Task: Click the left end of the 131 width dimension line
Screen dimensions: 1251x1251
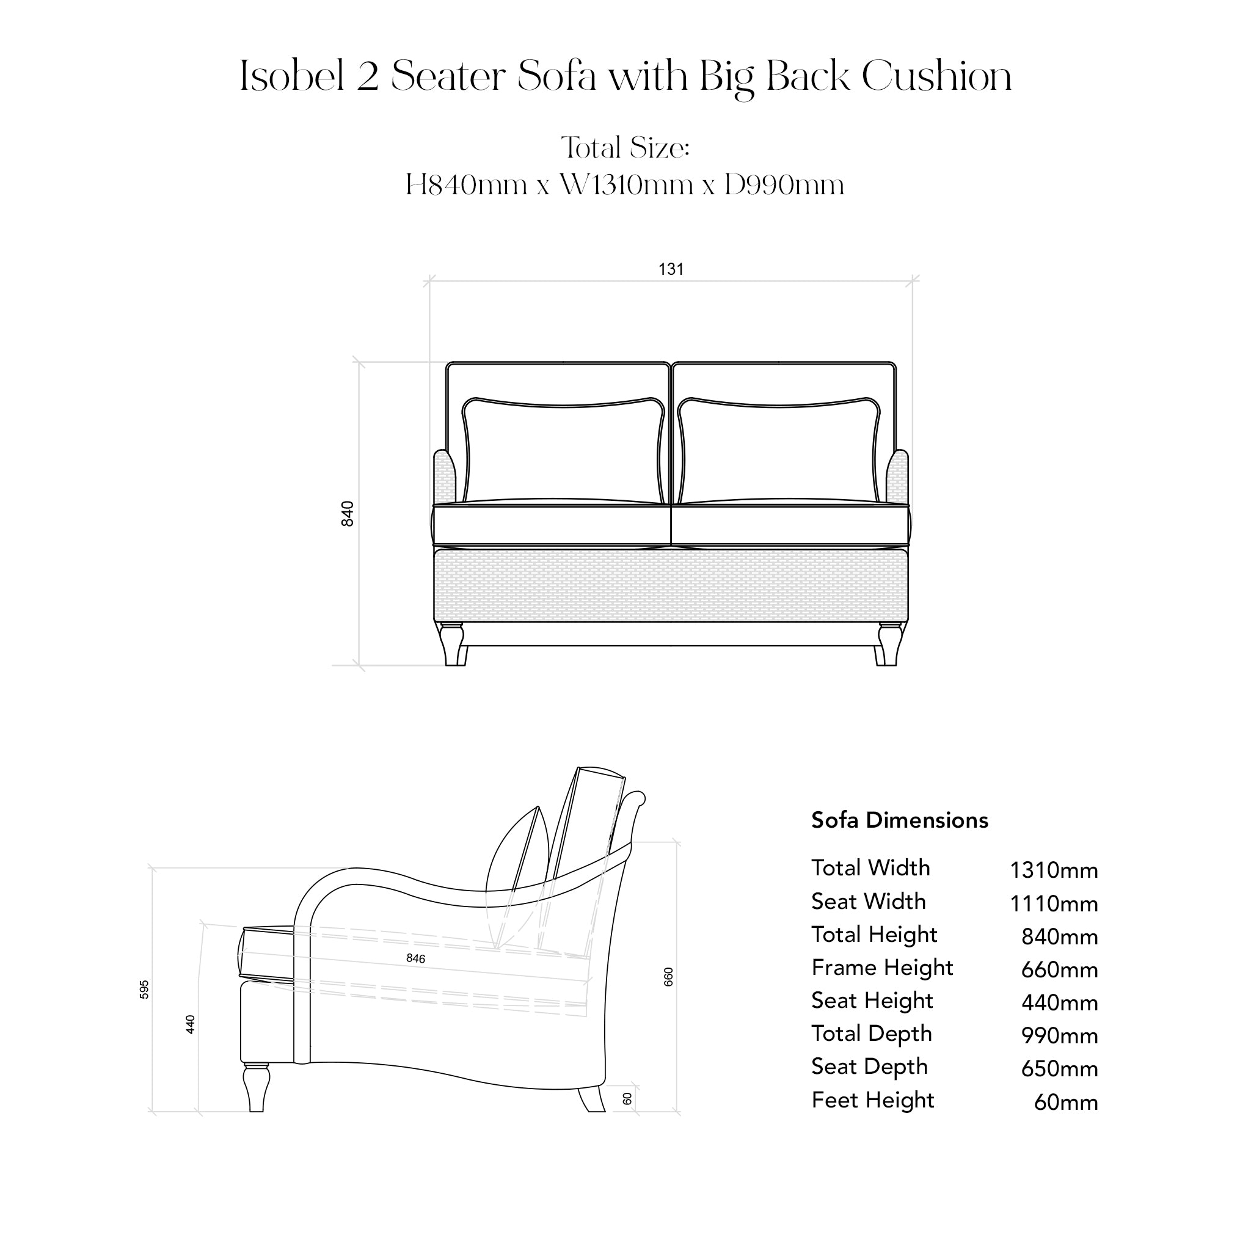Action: (x=429, y=281)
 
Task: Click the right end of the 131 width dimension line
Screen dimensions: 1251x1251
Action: (x=913, y=281)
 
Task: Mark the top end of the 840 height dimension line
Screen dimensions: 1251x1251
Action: (x=359, y=363)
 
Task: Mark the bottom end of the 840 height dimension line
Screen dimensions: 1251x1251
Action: (x=359, y=665)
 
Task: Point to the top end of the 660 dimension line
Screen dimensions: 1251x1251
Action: (x=676, y=842)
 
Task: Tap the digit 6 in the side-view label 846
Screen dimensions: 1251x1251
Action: (x=422, y=958)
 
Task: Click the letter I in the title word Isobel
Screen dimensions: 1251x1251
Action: (x=244, y=76)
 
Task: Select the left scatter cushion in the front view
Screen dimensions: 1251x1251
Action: (x=563, y=451)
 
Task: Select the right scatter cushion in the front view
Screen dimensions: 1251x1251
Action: (x=779, y=451)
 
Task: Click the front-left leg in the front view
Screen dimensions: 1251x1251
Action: (x=453, y=644)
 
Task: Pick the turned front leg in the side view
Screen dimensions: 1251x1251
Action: (x=257, y=1088)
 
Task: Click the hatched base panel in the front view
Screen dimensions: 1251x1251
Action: (x=671, y=586)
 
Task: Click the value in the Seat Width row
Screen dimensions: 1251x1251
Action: (x=1054, y=903)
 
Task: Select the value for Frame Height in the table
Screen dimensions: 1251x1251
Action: (x=1059, y=969)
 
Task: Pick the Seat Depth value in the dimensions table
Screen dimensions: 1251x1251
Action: (x=1059, y=1068)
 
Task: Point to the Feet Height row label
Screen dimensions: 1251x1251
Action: (x=873, y=1100)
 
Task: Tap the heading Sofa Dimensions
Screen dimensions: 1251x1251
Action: (x=900, y=820)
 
